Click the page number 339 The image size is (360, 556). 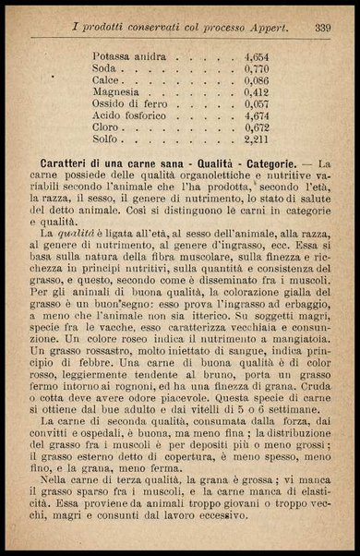pos(322,28)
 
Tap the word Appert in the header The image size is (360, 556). pos(270,28)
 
